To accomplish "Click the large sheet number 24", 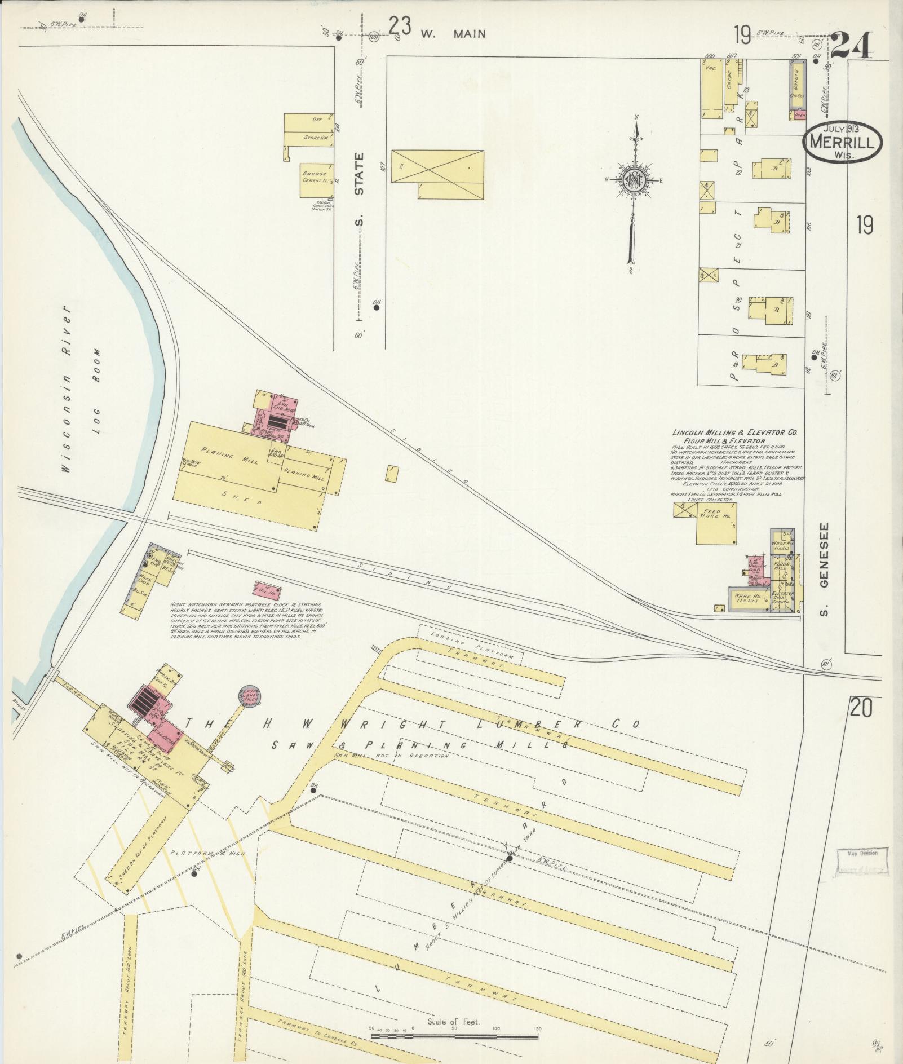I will click(852, 45).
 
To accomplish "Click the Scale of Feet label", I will click(453, 1022).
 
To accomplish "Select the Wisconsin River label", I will click(66, 389).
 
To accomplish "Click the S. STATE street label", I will click(360, 189).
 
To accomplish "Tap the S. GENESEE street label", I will click(824, 570).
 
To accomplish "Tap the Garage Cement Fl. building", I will click(316, 181).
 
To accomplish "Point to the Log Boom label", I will click(96, 376).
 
